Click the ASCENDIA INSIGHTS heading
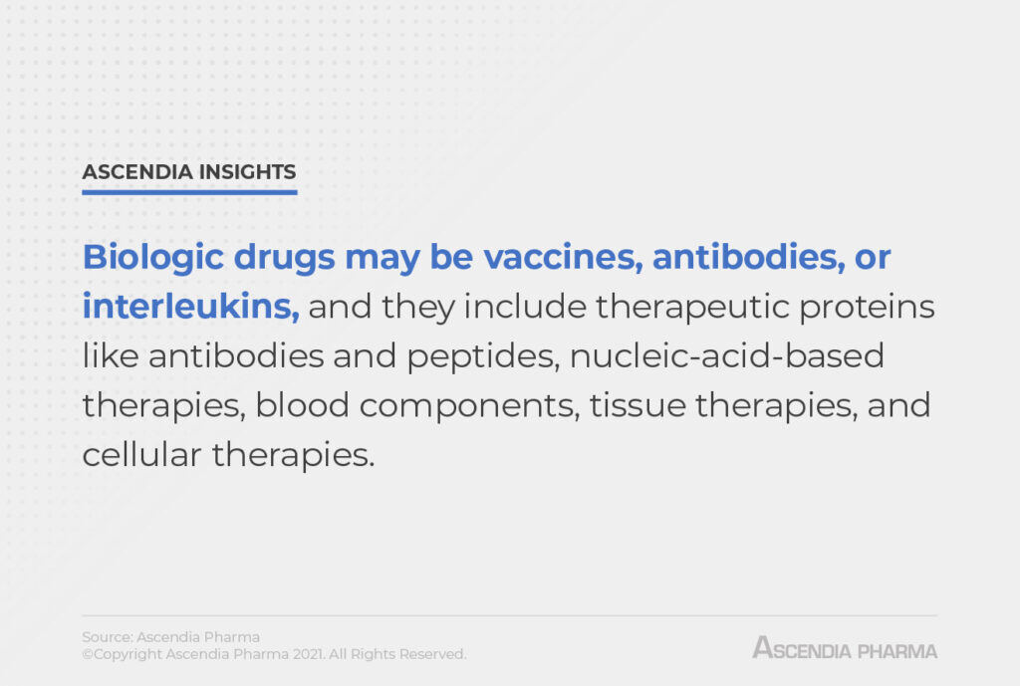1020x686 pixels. [189, 171]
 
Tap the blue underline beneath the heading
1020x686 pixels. [189, 191]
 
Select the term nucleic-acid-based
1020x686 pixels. [727, 355]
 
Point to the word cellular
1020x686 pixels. [139, 454]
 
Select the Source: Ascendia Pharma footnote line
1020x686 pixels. [170, 637]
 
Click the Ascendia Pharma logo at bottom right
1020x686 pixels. [845, 649]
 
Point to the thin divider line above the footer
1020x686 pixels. [509, 615]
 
